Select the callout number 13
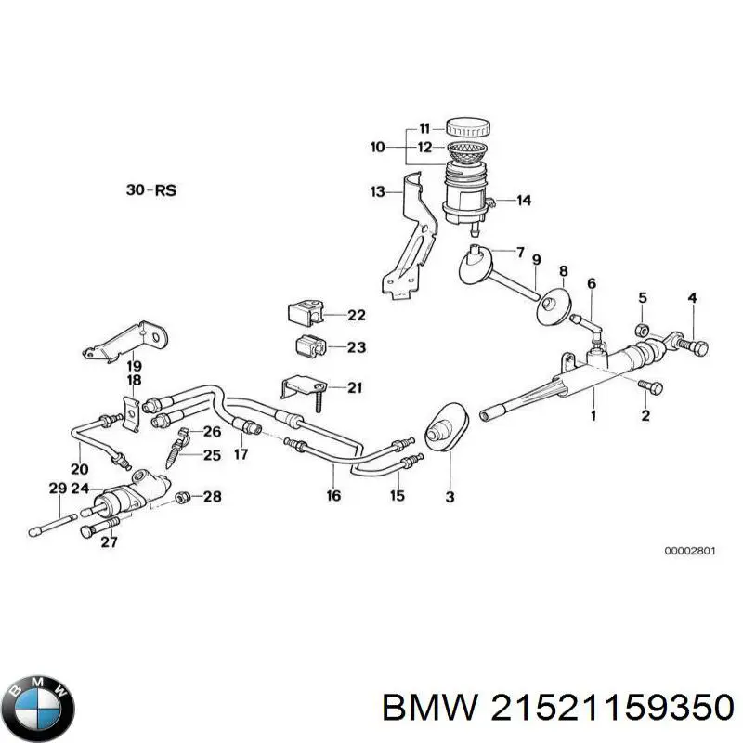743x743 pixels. [377, 191]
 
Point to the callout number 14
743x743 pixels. [523, 200]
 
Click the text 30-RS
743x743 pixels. [151, 190]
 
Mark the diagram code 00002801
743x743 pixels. [689, 551]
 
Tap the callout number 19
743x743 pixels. [134, 365]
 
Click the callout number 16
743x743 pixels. [333, 496]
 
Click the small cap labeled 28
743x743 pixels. [183, 498]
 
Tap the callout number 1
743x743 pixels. [593, 415]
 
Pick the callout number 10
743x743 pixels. [377, 147]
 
